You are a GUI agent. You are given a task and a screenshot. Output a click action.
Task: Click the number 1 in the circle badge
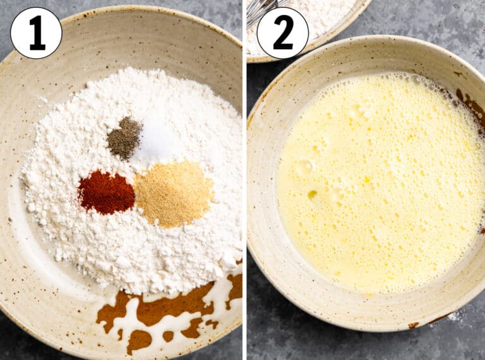point(37,33)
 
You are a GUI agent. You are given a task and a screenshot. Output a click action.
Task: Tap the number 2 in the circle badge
point(283,33)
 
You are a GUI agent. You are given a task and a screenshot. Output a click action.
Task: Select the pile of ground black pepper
point(124,138)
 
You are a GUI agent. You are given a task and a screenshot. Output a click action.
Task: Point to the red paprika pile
point(106,193)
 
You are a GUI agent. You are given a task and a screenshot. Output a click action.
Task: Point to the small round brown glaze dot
point(168,336)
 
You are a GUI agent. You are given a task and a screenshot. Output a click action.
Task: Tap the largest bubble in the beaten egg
point(304,166)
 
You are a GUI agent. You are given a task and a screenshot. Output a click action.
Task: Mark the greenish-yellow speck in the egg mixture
point(312,195)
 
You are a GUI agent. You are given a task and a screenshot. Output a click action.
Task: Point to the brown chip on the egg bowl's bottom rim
point(413,325)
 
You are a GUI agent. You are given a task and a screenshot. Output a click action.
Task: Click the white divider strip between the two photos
point(244,180)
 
